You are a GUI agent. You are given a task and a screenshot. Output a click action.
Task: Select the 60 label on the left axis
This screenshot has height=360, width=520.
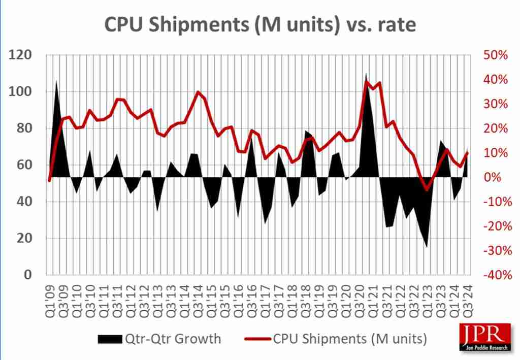click(24, 165)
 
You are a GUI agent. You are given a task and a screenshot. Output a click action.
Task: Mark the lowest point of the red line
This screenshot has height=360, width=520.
click(427, 190)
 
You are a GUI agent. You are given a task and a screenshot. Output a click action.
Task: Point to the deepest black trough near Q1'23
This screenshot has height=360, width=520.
click(427, 247)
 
